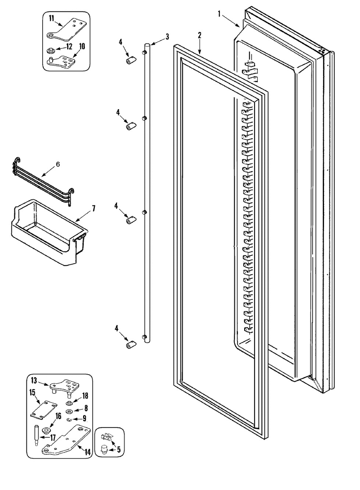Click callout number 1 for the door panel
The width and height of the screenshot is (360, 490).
click(x=220, y=14)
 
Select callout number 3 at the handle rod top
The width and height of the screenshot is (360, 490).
click(x=167, y=36)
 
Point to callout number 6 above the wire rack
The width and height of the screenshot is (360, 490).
click(x=57, y=165)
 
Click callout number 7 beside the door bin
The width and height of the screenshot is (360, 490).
click(x=94, y=208)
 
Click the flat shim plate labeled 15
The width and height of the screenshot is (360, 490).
click(x=43, y=410)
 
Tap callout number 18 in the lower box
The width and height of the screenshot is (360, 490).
click(x=85, y=396)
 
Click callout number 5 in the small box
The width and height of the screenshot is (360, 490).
click(x=118, y=449)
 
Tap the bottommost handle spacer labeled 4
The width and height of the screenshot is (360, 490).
click(x=130, y=346)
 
